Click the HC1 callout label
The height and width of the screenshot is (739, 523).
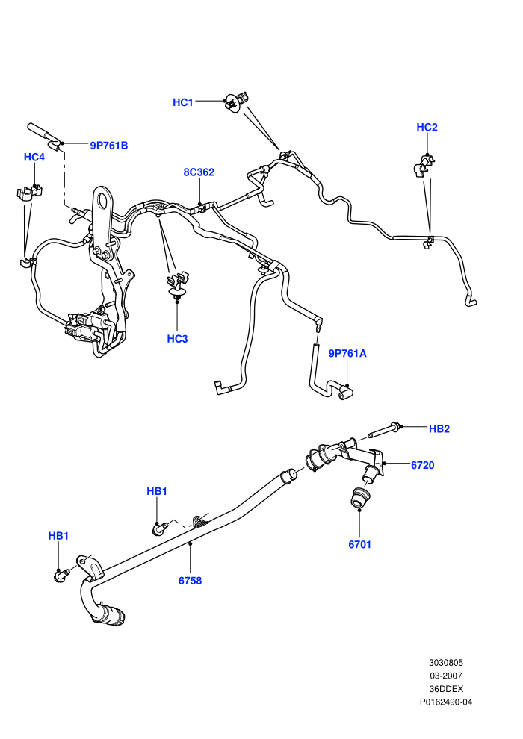point(183,102)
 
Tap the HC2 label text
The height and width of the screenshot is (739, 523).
point(427,127)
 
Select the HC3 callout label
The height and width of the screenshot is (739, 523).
point(177,339)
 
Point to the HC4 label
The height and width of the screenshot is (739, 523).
point(34,157)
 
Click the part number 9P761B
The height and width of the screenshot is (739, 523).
point(109,145)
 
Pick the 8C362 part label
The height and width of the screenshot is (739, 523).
point(199,172)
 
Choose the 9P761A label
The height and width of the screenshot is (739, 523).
point(347,353)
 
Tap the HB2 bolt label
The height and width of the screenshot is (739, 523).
point(439,429)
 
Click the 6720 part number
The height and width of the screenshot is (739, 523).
point(423,465)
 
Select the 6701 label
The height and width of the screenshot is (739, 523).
point(360,544)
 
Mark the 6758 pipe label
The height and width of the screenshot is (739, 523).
point(190,581)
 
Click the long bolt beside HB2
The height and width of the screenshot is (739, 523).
point(384,429)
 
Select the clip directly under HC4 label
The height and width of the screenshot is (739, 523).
point(30,193)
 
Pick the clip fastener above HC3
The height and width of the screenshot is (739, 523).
point(177,285)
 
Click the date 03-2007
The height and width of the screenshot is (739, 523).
point(446,676)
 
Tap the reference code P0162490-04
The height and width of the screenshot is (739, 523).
point(446,702)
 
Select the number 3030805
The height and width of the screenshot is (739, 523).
point(446,662)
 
